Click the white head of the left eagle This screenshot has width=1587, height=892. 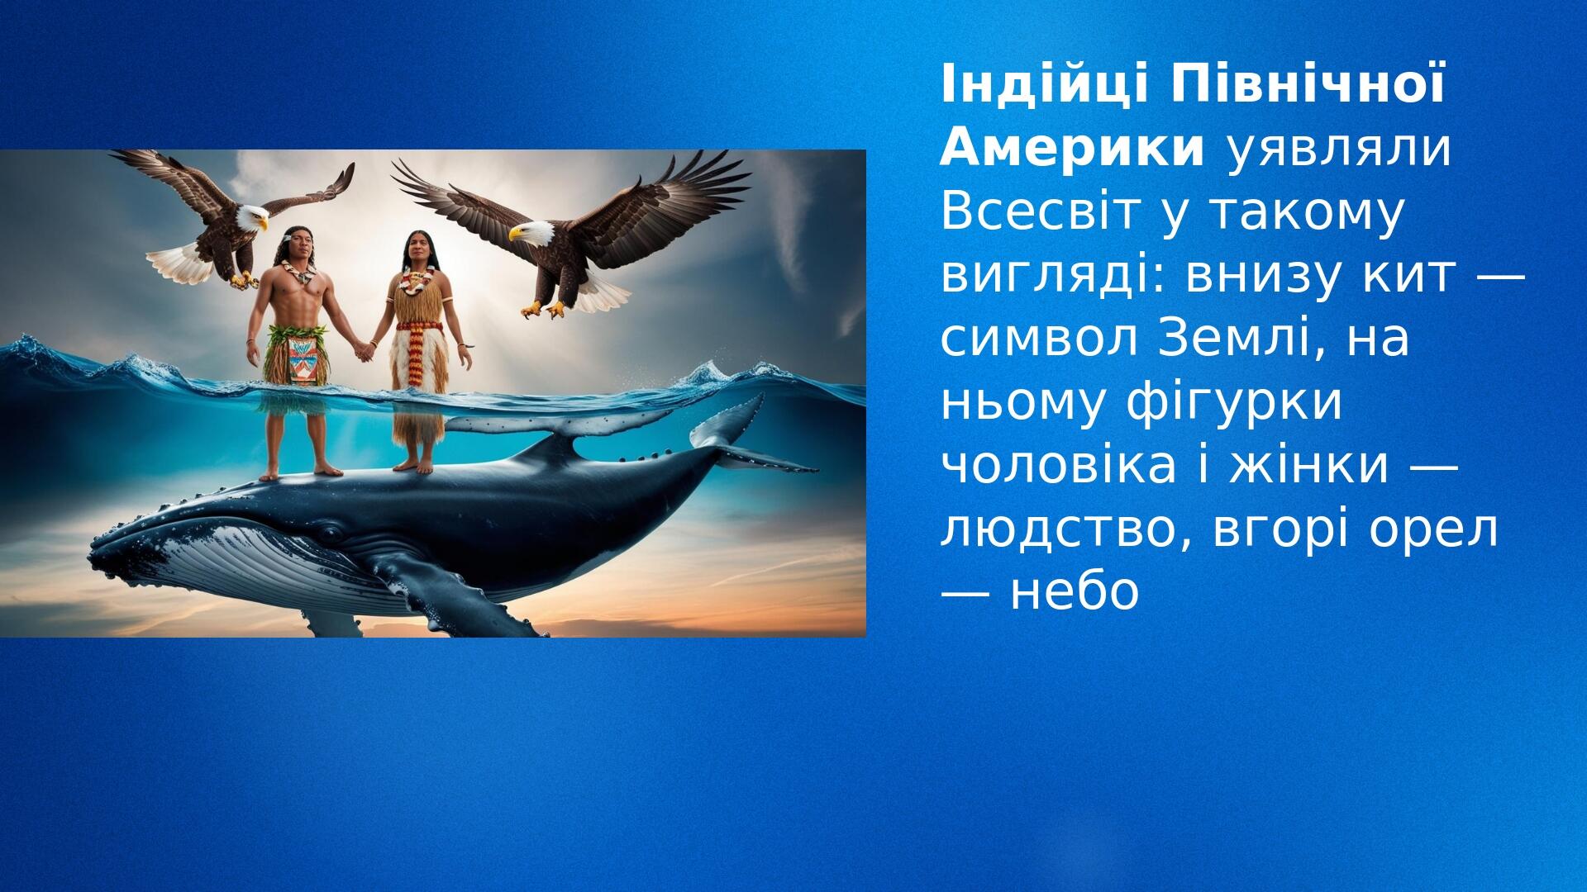click(249, 217)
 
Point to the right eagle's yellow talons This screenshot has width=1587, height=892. click(542, 310)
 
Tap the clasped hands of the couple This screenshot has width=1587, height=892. click(363, 352)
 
